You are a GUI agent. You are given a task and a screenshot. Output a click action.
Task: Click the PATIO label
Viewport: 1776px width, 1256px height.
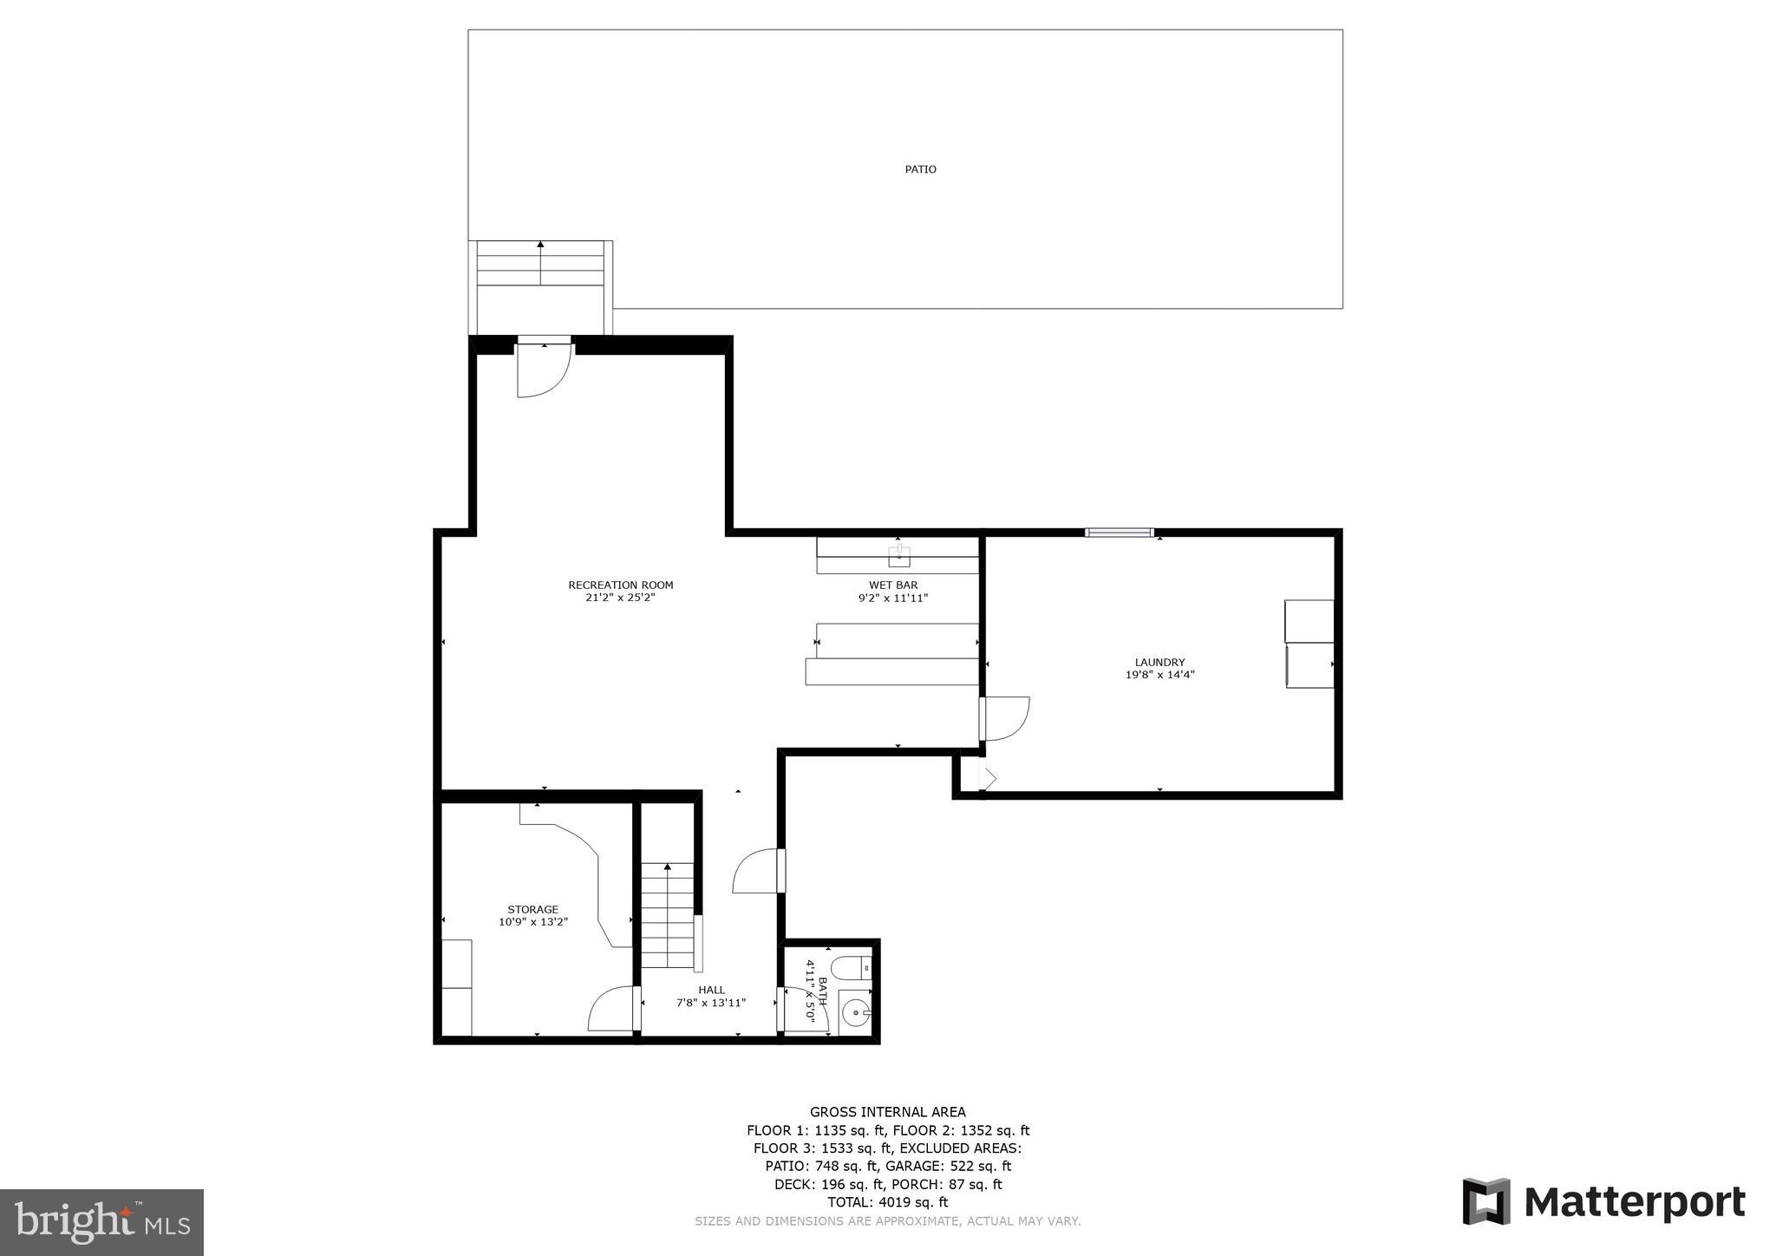tap(920, 169)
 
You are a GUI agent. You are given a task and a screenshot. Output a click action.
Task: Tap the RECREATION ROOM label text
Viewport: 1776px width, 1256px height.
tap(620, 585)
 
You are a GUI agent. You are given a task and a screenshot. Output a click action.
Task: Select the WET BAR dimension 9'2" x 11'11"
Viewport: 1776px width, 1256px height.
tap(893, 598)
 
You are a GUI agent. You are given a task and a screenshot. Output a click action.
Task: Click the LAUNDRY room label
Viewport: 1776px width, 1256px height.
tap(1159, 662)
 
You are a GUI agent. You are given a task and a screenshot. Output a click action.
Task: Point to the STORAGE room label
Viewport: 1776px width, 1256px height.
tap(532, 909)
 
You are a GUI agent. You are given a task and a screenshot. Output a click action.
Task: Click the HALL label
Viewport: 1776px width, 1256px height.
tap(711, 990)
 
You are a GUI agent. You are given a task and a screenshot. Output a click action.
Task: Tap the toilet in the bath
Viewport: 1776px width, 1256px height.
tap(849, 966)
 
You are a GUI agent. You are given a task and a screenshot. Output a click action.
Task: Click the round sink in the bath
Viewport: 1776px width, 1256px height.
tap(855, 1012)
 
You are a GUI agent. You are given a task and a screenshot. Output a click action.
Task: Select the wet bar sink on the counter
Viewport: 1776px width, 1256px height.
tap(899, 555)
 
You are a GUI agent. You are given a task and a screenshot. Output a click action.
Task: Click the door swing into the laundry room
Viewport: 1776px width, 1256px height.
tap(1006, 718)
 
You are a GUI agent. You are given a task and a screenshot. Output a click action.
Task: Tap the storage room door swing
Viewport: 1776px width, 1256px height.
tap(611, 1010)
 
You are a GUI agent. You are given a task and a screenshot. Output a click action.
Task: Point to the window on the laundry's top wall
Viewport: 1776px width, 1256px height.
tap(1119, 532)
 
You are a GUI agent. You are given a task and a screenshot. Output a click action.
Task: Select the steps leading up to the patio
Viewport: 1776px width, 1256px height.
tap(540, 264)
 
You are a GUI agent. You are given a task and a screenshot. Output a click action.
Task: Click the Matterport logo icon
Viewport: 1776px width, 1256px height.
tap(1486, 1201)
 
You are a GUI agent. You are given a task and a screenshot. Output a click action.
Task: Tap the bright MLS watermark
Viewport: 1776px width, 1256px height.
tap(101, 1222)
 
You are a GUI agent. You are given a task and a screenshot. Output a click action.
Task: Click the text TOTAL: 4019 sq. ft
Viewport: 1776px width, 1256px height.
tap(887, 1202)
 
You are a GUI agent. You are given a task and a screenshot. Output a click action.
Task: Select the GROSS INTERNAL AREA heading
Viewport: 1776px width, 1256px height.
tap(887, 1112)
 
